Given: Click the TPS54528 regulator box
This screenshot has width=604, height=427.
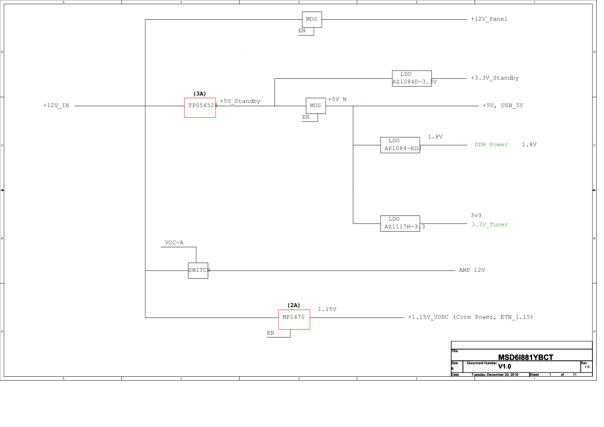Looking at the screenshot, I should (x=200, y=108).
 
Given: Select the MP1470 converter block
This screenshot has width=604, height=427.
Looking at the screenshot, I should (x=294, y=319).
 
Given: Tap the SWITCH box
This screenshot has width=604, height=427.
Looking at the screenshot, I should (x=198, y=270).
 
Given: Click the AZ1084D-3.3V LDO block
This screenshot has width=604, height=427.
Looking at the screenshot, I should (x=412, y=78).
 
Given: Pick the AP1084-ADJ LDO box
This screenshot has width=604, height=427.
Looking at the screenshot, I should (x=400, y=145).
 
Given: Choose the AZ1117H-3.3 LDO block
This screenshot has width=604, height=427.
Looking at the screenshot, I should (x=400, y=223).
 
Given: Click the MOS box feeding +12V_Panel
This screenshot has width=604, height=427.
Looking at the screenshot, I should (x=311, y=19).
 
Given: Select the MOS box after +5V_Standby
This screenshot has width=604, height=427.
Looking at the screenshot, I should (x=315, y=106).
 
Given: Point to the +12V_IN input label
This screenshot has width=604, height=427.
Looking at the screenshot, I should (x=56, y=105).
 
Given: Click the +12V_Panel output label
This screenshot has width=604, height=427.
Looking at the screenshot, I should (x=489, y=19).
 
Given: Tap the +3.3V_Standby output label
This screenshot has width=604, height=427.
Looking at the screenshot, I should (x=494, y=78).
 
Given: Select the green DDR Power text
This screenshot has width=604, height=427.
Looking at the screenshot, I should (x=491, y=144).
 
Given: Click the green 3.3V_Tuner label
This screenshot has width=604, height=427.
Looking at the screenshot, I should (x=490, y=224).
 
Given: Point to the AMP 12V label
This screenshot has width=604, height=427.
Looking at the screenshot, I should (x=471, y=270).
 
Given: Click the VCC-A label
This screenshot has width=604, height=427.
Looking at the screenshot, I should (x=174, y=243).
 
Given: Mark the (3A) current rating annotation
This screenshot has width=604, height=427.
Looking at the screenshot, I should (x=200, y=94).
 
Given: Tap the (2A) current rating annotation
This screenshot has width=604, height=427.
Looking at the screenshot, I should (x=294, y=305).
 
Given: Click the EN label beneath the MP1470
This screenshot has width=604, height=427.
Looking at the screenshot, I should (x=270, y=333).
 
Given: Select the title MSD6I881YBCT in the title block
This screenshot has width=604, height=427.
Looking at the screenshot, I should (x=525, y=357).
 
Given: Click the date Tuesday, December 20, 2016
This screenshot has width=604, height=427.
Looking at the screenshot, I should (x=495, y=375).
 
